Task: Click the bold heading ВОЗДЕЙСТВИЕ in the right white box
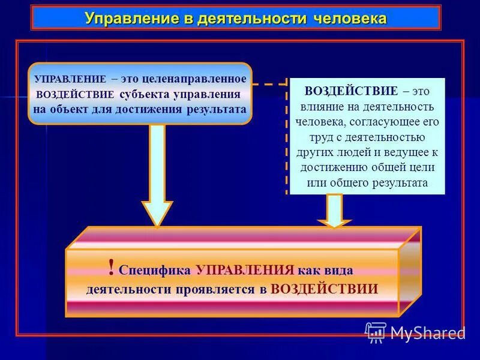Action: (x=351, y=91)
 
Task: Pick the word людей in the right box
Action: (x=361, y=152)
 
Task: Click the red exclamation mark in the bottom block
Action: (x=111, y=266)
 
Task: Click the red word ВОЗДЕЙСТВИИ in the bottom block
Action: (x=324, y=289)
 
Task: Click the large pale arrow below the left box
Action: (x=157, y=174)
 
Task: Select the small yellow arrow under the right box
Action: (x=334, y=211)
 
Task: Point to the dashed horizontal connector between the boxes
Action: (x=269, y=85)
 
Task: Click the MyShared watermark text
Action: (x=427, y=332)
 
